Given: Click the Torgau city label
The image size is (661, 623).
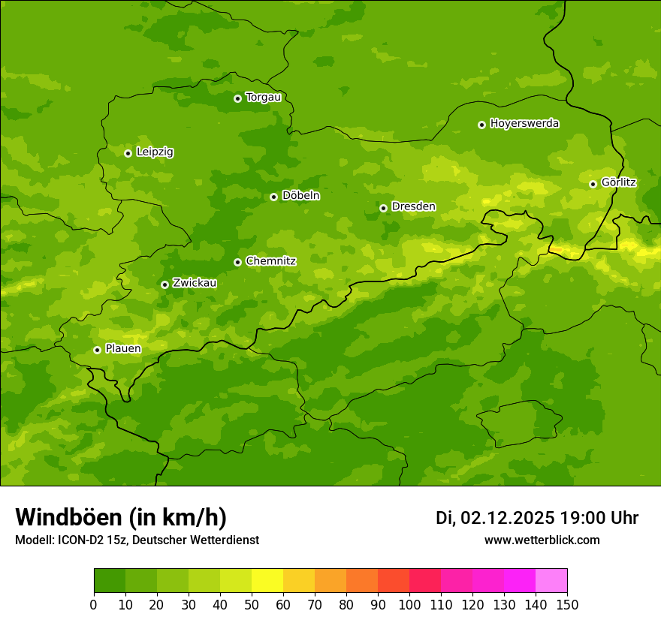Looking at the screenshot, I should (263, 98).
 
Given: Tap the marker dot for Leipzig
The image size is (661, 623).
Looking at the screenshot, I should (128, 153).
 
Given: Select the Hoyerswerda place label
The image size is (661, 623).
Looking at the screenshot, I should (524, 124).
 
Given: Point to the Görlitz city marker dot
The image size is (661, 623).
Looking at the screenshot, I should (593, 184).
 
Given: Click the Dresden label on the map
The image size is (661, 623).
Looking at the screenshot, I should (413, 207).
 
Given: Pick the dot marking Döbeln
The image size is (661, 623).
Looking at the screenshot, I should (273, 197).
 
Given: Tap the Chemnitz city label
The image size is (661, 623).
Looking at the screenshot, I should (270, 262).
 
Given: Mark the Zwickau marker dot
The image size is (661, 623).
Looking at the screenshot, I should (164, 284).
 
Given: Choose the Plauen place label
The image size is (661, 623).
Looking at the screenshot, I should (123, 349).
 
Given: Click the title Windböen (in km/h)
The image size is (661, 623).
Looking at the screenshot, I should (121, 517).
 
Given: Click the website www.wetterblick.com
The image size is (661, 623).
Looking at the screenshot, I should (542, 540).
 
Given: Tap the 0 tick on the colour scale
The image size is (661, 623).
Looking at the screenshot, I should (94, 604).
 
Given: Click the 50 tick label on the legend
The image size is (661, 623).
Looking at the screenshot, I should (252, 604).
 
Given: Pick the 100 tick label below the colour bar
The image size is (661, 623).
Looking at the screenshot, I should (409, 604).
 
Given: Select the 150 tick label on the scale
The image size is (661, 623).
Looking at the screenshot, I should (567, 604).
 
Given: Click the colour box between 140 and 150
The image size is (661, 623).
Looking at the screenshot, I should (551, 581).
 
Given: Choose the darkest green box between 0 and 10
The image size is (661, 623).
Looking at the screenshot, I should (110, 581).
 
